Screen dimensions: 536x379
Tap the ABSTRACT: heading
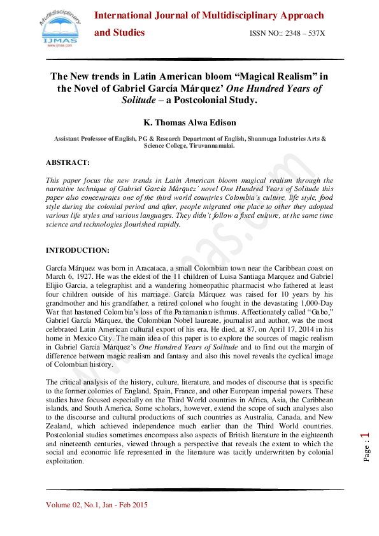coord(76,162)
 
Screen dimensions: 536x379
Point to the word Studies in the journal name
coord(129,32)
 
